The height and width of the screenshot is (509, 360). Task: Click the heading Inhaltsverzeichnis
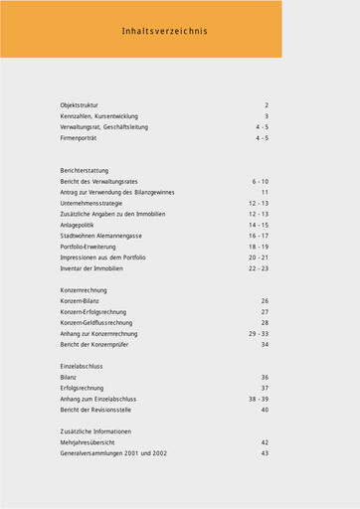click(165, 32)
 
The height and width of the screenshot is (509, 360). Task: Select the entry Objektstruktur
click(79, 105)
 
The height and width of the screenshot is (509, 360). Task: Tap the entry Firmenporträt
click(80, 138)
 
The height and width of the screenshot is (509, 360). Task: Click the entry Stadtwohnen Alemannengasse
click(100, 236)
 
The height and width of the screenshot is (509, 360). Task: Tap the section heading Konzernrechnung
click(85, 289)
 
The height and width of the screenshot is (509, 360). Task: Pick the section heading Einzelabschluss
click(82, 366)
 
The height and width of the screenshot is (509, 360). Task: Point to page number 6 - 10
click(260, 182)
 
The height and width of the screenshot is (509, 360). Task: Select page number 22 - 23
click(259, 268)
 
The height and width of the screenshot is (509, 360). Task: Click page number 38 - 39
click(259, 399)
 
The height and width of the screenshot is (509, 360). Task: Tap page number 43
click(265, 453)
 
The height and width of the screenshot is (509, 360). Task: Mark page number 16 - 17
click(259, 236)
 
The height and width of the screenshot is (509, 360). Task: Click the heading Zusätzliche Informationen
click(95, 431)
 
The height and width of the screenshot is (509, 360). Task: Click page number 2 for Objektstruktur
click(267, 105)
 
